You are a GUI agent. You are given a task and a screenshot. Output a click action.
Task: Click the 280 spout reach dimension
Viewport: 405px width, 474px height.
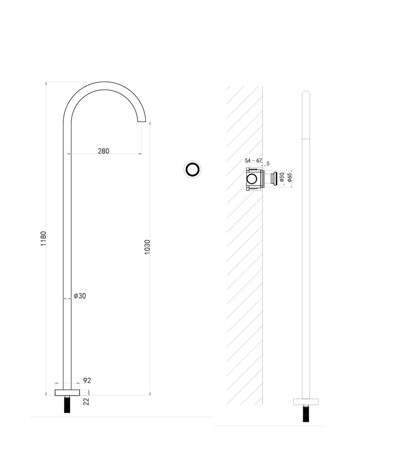point(103,151)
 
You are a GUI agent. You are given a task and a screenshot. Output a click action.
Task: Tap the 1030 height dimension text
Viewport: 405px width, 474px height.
point(147,247)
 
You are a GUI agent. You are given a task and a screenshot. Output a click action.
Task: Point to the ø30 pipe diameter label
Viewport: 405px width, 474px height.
point(80,296)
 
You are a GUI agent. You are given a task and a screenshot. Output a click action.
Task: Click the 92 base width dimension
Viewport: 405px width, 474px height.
point(87,380)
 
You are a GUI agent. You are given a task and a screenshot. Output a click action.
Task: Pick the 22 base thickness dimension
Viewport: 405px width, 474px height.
point(86,401)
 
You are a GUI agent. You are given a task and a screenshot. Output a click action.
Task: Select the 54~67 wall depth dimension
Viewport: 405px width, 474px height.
point(253,161)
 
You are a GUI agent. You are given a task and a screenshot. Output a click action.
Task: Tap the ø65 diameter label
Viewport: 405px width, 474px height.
point(289,178)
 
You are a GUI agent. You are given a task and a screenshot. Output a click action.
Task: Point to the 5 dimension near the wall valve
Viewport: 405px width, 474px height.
point(268,163)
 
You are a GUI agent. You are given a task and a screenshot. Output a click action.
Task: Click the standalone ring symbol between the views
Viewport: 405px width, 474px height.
point(193,169)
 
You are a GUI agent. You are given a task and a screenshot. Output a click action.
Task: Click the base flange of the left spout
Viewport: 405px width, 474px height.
point(68,392)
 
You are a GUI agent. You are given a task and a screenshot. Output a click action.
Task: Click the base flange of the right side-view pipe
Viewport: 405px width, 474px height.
point(306,401)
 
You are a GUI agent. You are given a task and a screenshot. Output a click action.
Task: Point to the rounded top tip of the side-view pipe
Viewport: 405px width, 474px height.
point(306,92)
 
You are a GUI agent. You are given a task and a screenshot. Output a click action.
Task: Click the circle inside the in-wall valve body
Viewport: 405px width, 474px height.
point(253,179)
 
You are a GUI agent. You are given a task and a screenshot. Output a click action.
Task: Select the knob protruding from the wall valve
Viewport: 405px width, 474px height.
point(273,179)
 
